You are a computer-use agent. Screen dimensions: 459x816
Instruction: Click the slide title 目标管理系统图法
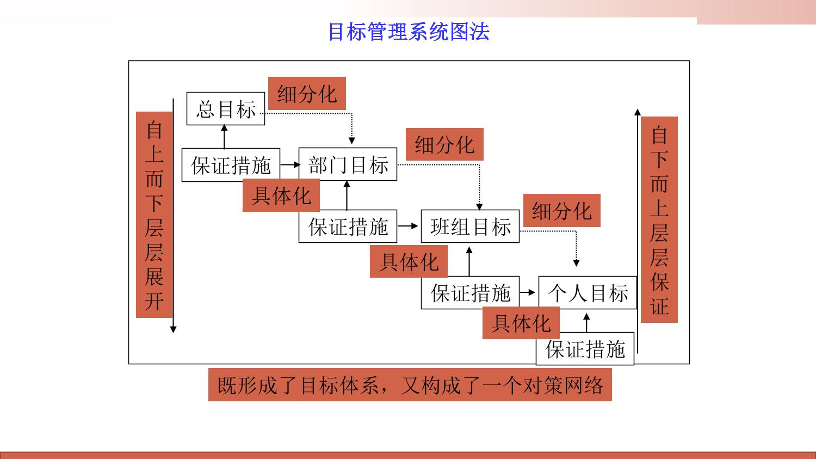click(409, 32)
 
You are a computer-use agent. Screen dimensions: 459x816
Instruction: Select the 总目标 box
click(226, 109)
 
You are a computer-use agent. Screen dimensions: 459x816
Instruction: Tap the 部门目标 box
click(348, 164)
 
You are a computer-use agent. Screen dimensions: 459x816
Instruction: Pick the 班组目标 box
click(470, 227)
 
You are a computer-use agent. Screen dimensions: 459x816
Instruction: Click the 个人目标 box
click(588, 293)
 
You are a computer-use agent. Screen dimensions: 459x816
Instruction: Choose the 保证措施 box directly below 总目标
click(231, 165)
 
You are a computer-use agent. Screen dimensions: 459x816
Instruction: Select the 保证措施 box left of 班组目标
click(348, 227)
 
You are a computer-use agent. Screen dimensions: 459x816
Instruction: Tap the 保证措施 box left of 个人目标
click(470, 293)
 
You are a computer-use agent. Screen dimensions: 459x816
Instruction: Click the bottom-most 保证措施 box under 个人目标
click(585, 349)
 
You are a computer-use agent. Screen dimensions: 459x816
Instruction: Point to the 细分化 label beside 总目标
click(307, 94)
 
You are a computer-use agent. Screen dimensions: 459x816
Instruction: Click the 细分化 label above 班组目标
click(444, 145)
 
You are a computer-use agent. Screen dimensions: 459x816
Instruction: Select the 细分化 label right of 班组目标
click(561, 211)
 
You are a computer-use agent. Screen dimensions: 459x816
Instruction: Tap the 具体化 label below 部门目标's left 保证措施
click(281, 195)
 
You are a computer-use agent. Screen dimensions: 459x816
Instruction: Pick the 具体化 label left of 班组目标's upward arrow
click(409, 262)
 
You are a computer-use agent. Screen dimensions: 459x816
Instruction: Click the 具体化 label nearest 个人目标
click(521, 323)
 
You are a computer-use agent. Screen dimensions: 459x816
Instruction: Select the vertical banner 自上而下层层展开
click(154, 215)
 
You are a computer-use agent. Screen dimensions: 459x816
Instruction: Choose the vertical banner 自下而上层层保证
click(659, 219)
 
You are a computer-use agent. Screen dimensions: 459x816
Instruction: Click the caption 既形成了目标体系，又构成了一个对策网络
click(410, 385)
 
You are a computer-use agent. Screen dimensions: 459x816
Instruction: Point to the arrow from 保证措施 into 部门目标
click(290, 164)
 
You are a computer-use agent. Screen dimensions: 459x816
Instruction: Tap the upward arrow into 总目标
click(224, 136)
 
